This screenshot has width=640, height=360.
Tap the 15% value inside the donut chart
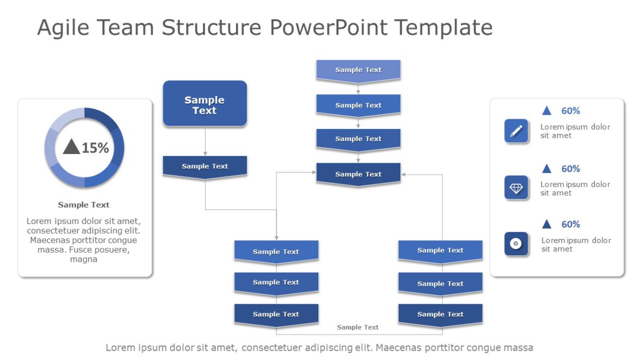point(95,147)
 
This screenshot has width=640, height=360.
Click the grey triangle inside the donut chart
point(72,146)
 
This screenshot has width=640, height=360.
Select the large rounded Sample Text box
point(204,104)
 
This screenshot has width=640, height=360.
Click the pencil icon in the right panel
point(516,131)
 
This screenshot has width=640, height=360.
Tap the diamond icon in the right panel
point(516,188)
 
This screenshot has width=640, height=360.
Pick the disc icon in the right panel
point(516,244)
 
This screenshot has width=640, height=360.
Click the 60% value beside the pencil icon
point(570,111)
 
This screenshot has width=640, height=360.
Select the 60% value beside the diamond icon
point(570,169)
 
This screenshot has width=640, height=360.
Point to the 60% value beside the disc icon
point(570,224)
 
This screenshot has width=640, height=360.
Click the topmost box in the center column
point(358,70)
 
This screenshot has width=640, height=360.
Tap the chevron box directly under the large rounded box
point(204,166)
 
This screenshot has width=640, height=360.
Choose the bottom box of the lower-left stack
point(276,314)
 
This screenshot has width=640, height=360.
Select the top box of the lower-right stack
point(440,250)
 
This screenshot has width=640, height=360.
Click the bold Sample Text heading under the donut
point(84,205)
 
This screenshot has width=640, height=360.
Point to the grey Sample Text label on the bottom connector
point(357,327)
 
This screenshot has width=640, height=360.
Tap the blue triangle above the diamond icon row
point(547,169)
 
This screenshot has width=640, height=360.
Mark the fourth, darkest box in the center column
point(358,174)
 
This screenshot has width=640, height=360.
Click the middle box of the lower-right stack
point(440,284)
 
